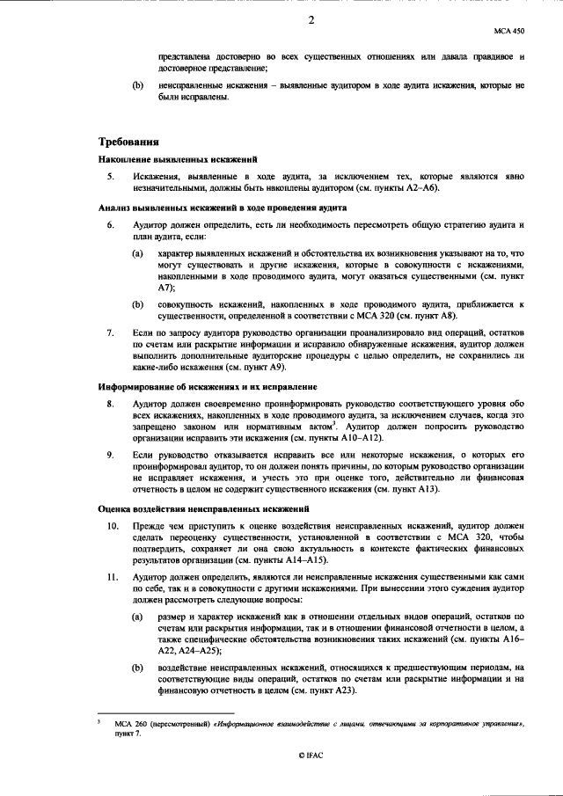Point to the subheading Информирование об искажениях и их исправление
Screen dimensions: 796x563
pos(208,387)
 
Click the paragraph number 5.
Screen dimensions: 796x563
pos(111,177)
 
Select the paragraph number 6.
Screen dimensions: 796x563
pos(111,226)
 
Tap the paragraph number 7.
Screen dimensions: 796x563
pos(111,333)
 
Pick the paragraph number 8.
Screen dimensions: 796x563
pos(111,405)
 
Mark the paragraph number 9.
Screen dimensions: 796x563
pos(111,455)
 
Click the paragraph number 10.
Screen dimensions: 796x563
pos(113,526)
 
